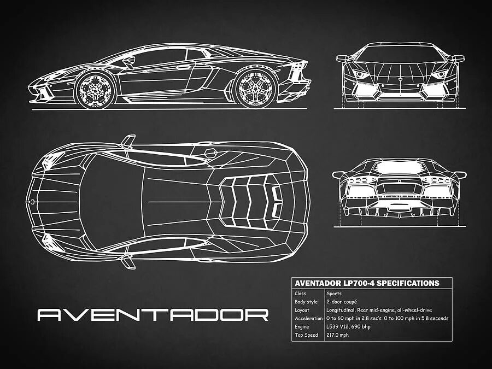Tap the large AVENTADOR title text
click(x=153, y=315)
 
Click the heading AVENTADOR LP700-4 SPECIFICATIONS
click(x=367, y=283)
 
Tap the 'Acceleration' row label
click(x=309, y=318)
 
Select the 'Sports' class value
click(x=334, y=294)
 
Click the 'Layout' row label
click(x=302, y=310)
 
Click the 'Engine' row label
click(x=302, y=326)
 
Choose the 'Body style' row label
click(x=306, y=302)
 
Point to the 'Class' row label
click(x=300, y=294)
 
